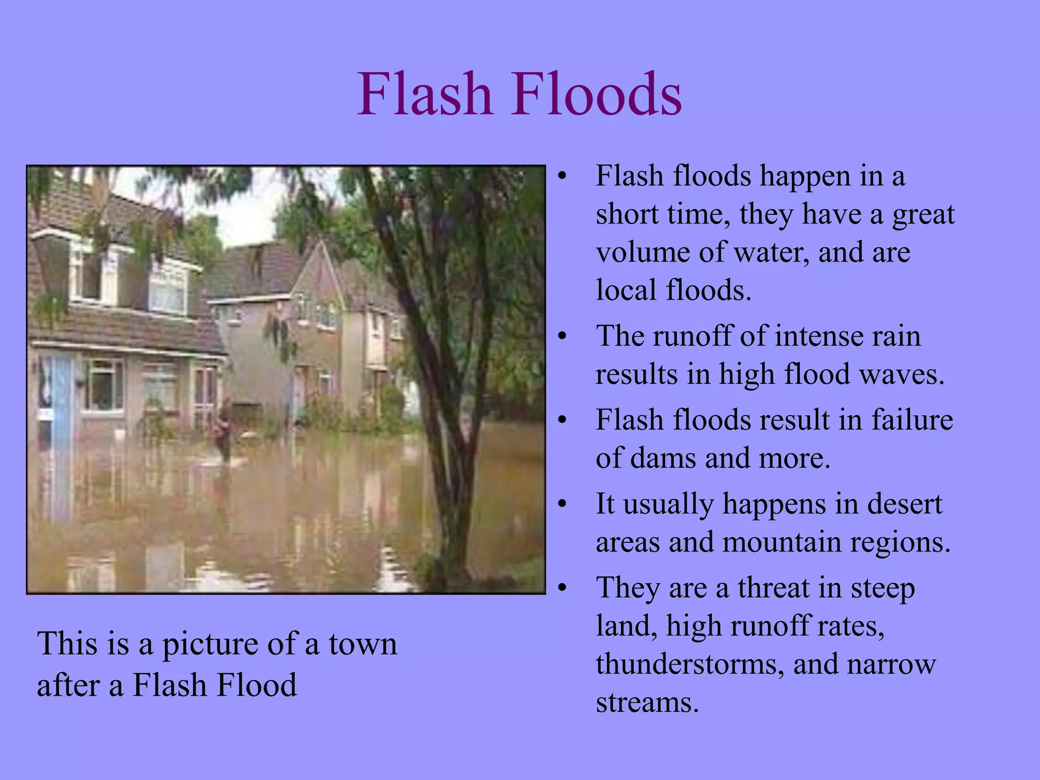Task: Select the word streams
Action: pyautogui.click(x=647, y=703)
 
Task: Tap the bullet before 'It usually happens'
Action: pyautogui.click(x=561, y=505)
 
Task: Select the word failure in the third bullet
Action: pyautogui.click(x=912, y=420)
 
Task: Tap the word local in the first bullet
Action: pyautogui.click(x=626, y=290)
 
